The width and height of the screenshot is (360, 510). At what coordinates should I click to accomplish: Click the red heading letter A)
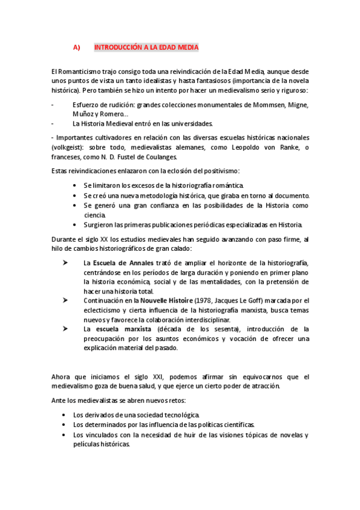click(x=76, y=48)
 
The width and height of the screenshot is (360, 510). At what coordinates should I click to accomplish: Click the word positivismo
click(x=220, y=171)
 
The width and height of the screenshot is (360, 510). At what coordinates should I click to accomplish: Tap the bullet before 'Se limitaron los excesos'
click(x=75, y=185)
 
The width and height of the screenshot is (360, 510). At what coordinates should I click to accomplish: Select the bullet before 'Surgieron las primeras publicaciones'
click(x=75, y=225)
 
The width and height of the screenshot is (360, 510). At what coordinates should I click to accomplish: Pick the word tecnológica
click(x=179, y=415)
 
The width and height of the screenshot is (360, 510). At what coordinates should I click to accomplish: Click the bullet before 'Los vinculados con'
click(x=64, y=434)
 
